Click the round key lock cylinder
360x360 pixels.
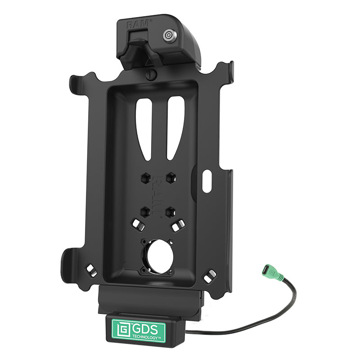[170, 36]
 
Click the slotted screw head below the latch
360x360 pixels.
[151, 75]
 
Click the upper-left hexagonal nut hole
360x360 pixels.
[146, 178]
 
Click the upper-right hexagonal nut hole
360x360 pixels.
[171, 177]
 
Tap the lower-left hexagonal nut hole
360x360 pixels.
[145, 211]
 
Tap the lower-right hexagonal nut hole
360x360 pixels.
[171, 211]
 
